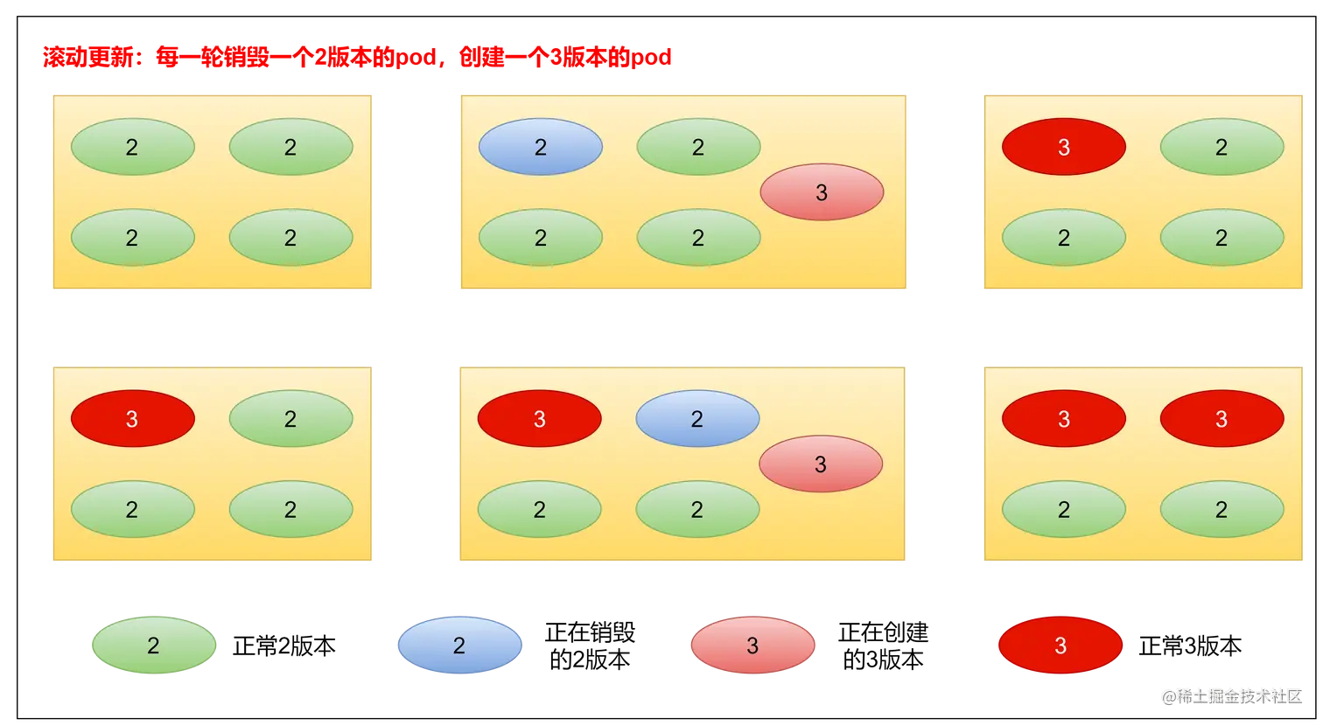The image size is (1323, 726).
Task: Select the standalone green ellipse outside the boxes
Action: click(x=154, y=646)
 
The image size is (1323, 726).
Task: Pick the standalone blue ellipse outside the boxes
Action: click(x=459, y=646)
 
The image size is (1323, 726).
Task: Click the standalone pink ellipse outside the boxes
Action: click(x=752, y=646)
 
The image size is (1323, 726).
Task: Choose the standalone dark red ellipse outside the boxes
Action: click(x=1060, y=646)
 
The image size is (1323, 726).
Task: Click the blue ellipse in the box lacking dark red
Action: click(x=540, y=147)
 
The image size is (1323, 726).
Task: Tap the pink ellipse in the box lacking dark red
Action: click(x=821, y=192)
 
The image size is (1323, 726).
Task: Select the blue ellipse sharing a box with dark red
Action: click(x=696, y=419)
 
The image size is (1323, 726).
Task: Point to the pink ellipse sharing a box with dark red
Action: click(x=820, y=464)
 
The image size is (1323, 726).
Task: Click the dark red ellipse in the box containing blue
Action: click(x=539, y=419)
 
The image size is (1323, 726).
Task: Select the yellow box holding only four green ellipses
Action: click(x=213, y=192)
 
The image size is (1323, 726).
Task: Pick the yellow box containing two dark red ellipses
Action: click(x=1142, y=464)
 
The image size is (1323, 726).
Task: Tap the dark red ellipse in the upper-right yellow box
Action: click(x=1063, y=147)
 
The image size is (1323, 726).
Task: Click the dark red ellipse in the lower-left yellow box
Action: click(x=132, y=419)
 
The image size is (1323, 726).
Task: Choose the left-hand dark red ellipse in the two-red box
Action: click(x=1063, y=419)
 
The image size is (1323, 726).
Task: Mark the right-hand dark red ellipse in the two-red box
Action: click(x=1221, y=419)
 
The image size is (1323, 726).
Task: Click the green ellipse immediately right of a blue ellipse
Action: click(x=697, y=147)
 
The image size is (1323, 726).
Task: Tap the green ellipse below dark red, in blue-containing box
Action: click(x=539, y=509)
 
